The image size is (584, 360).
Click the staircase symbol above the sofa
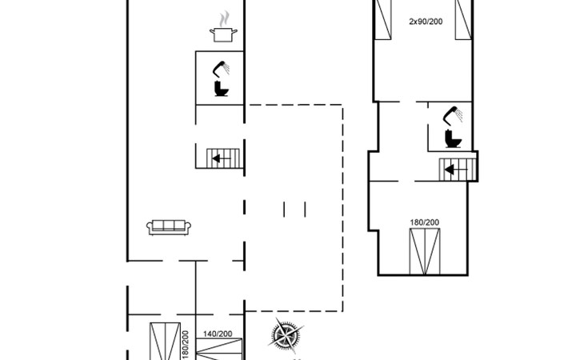coord(220,158)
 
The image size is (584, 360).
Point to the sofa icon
coord(167,226)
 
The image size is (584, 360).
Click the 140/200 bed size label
coord(217,333)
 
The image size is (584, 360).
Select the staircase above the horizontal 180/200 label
coord(457,169)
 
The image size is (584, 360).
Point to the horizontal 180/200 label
coord(424,222)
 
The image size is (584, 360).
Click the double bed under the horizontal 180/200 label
coord(424,250)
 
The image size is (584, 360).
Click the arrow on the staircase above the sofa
coord(217,158)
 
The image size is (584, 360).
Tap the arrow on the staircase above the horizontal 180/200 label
coord(451,169)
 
